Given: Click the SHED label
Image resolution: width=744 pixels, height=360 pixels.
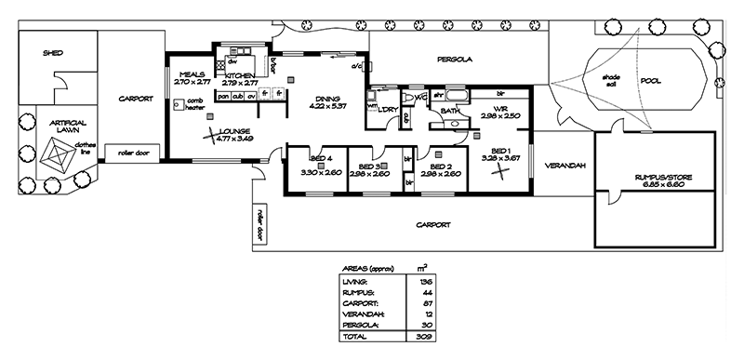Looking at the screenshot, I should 52,54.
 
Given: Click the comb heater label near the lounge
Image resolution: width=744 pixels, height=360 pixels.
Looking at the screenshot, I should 194,103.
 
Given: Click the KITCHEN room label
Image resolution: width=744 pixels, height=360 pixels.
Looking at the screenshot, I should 241,75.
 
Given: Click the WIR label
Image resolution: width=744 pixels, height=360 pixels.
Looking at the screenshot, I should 499,108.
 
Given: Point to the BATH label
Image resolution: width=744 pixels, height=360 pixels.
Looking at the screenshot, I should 450,111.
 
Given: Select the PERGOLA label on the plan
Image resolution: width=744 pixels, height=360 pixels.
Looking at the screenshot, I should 456,60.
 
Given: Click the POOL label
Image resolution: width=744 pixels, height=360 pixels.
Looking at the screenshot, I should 651,81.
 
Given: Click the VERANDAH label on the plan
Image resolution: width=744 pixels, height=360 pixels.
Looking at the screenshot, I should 565,166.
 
